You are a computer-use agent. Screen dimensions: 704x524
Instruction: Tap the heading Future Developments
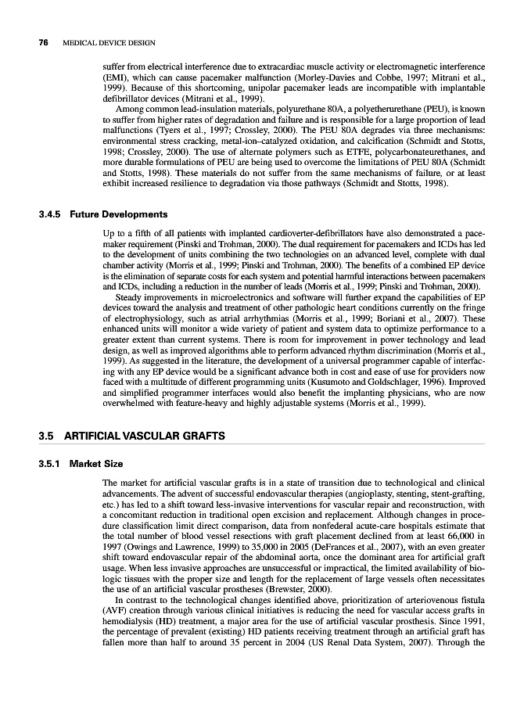tap(118, 214)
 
